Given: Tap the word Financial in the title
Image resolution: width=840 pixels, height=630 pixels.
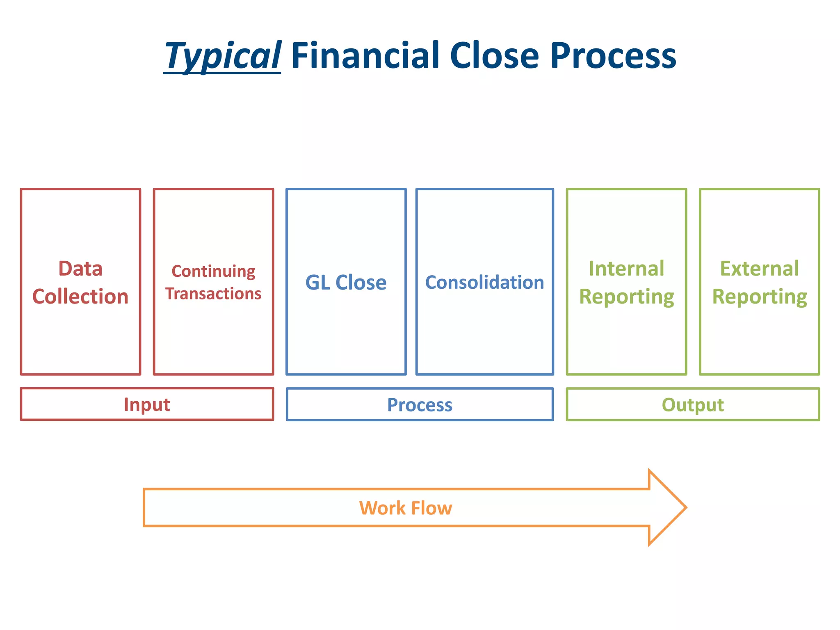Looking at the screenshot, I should [x=365, y=55].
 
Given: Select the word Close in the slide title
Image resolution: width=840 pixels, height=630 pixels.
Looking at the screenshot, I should [x=494, y=55].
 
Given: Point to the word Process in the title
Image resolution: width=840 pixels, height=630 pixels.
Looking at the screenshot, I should [x=613, y=56].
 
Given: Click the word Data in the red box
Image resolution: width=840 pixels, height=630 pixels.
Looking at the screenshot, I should [x=80, y=269].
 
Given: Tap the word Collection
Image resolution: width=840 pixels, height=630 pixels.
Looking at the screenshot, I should [x=80, y=297].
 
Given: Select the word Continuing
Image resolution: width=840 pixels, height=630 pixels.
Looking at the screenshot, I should [x=213, y=272].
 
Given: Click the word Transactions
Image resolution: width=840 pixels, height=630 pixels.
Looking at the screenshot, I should [x=213, y=294].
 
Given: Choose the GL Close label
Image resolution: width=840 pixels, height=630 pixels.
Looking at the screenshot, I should [x=346, y=283].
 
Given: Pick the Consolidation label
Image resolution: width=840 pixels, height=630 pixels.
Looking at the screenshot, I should [x=484, y=283].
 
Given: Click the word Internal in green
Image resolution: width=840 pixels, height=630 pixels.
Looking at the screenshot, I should [x=626, y=269].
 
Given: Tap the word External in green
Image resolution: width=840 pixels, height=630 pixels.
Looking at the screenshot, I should [x=759, y=269].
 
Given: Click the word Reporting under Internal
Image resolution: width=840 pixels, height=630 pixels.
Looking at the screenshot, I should [x=626, y=297].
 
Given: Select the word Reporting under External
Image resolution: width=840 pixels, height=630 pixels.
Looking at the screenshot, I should [x=759, y=297].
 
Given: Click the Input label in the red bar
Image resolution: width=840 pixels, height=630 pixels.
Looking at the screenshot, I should [x=147, y=404].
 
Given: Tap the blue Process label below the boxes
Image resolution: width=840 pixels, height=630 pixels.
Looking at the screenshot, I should [x=420, y=405].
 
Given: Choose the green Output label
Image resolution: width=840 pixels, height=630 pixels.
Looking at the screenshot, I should [x=693, y=405].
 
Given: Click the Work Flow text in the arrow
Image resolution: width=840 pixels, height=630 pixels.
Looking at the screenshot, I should [x=406, y=508].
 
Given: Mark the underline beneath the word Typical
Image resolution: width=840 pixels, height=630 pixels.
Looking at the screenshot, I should [x=222, y=73].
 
